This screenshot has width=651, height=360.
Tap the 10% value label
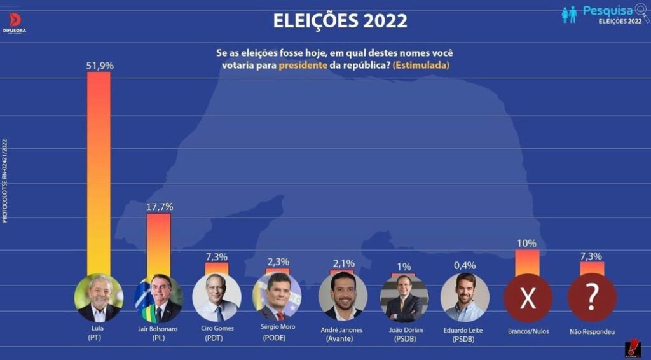tap(527, 243)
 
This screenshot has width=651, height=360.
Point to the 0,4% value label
tap(465, 265)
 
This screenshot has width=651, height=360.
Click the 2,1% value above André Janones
tap(343, 263)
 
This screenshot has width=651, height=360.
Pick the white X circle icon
tap(528, 298)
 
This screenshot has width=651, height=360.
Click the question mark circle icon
tap(592, 298)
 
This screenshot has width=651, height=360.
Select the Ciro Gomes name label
tap(217, 328)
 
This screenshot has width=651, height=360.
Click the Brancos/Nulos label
tap(528, 331)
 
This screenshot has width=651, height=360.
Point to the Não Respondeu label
tap(592, 331)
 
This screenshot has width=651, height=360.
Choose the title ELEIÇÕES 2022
tap(340, 21)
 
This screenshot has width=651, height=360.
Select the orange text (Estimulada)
tap(421, 65)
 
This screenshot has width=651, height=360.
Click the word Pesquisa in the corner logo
tap(607, 10)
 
